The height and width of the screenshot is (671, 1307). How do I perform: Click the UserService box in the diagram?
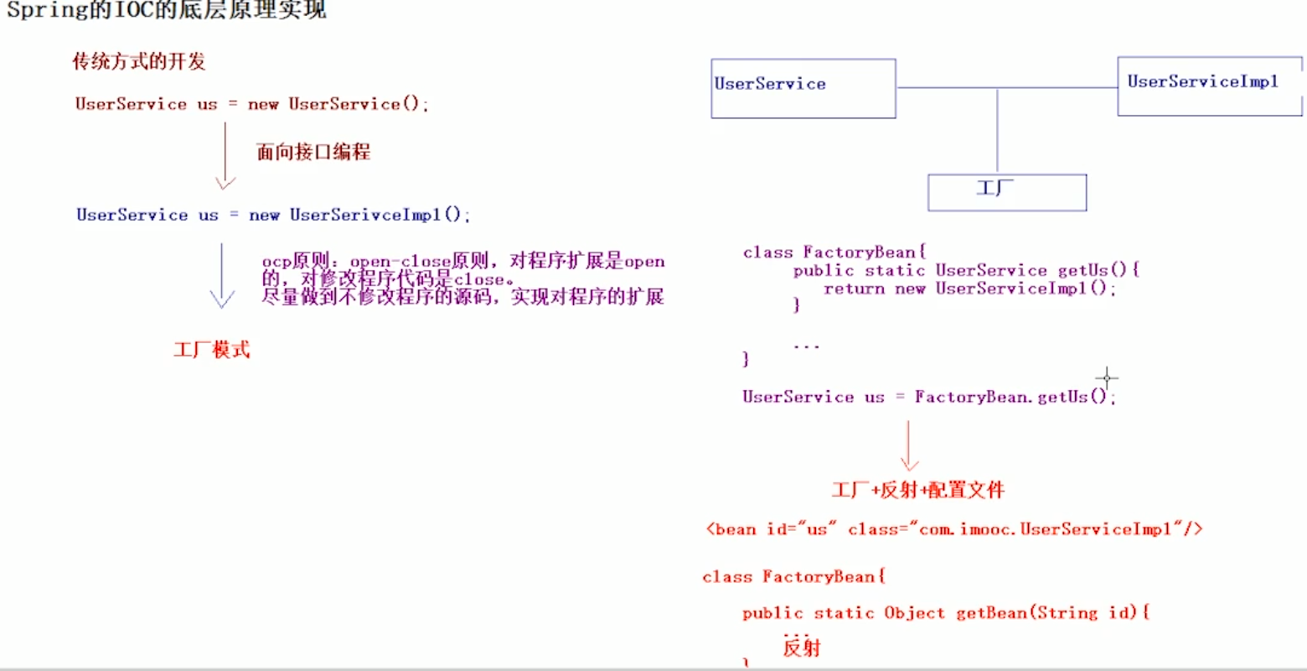803,88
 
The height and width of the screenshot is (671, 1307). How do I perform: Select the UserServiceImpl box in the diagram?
1209,86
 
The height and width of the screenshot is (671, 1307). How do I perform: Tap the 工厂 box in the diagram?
1006,192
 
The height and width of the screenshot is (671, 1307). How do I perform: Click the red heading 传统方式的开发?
139,61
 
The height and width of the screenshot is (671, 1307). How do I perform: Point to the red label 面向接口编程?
313,152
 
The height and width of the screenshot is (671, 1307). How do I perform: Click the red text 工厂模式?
212,350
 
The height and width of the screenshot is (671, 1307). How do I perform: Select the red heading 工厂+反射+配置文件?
918,490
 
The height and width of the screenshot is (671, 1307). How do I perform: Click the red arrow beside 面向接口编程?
225,156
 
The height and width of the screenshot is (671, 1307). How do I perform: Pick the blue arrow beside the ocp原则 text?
222,276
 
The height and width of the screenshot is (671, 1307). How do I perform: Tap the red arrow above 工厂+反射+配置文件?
909,445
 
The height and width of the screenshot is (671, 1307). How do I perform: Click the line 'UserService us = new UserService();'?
251,104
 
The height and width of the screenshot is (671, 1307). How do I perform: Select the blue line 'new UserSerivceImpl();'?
273,215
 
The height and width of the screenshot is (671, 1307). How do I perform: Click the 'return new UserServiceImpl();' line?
969,289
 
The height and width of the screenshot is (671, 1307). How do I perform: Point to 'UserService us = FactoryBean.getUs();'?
928,397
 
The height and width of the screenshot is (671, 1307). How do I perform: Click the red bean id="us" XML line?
953,529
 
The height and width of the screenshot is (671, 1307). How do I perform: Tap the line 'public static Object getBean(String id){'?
946,613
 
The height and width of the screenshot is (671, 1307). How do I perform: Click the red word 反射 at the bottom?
802,648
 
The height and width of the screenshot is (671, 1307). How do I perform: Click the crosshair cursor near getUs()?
1107,377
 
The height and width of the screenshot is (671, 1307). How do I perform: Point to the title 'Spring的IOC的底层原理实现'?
166,10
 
